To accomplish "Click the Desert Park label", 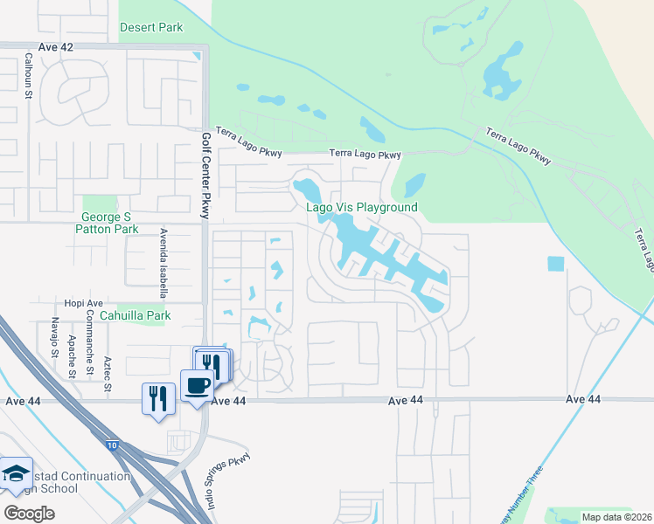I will [x=151, y=27].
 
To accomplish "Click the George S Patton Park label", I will [x=110, y=223].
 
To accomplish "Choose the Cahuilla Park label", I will [x=135, y=315].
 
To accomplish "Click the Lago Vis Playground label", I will [x=361, y=207].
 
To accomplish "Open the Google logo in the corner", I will [x=29, y=513].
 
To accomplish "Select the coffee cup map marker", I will [x=195, y=384].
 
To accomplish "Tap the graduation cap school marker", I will [x=15, y=474].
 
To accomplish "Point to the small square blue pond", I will [x=555, y=263].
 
